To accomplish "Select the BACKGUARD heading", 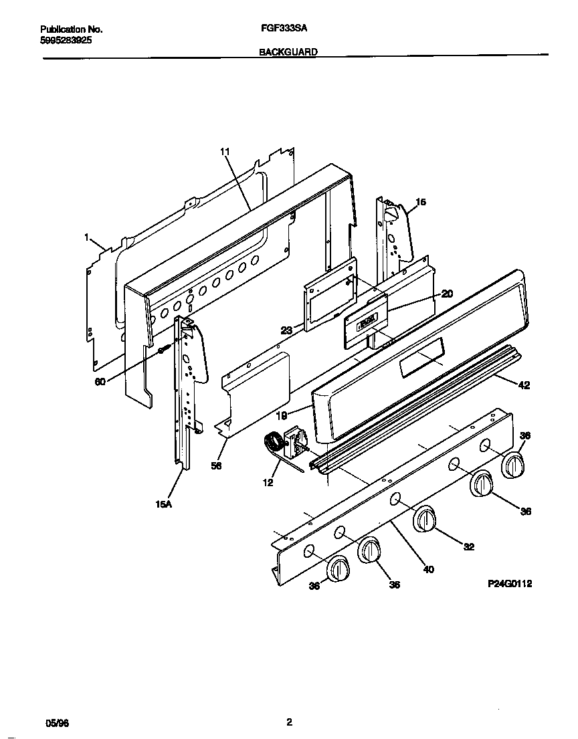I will coord(288,51).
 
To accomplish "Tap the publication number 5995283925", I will coord(66,40).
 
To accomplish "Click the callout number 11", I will coord(225,152).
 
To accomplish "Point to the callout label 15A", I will coord(164,504).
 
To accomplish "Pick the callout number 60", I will coord(100,383).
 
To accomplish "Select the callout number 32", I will coord(469,546).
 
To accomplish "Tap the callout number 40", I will coord(428,569).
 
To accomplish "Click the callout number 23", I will coord(286,330).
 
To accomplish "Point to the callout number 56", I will coord(216,466).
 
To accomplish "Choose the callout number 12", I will coord(268,482).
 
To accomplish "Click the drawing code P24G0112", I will coord(509,584).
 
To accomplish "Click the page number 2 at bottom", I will coord(289,722).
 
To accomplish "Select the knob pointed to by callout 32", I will coord(423,520).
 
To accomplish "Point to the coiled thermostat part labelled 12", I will coord(272,443).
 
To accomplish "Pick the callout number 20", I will coord(448,293).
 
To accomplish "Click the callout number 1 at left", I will coord(87,236).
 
